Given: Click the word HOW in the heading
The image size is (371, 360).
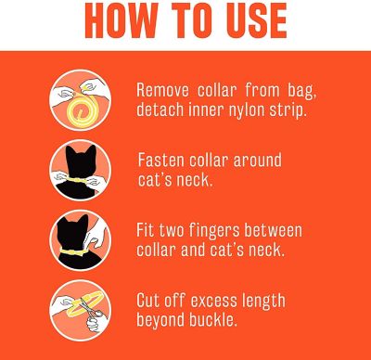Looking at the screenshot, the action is [x=121, y=21].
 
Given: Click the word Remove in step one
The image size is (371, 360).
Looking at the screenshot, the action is [x=162, y=91].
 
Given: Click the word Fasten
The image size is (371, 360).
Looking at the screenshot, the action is [x=160, y=161].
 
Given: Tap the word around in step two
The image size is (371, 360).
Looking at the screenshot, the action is [x=257, y=161].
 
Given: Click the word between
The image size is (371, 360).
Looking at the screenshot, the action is [x=273, y=230].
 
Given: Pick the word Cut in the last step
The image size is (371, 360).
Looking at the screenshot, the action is [x=147, y=301].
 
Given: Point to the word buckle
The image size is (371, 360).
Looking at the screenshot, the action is [x=213, y=319].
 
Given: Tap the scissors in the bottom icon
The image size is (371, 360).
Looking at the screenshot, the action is [x=90, y=309].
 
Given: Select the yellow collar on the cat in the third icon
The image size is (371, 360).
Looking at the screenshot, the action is [x=74, y=252].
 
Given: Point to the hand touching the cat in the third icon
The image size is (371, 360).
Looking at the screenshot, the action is [x=96, y=235].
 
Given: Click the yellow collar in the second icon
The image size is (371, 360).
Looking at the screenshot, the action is [x=77, y=179].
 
